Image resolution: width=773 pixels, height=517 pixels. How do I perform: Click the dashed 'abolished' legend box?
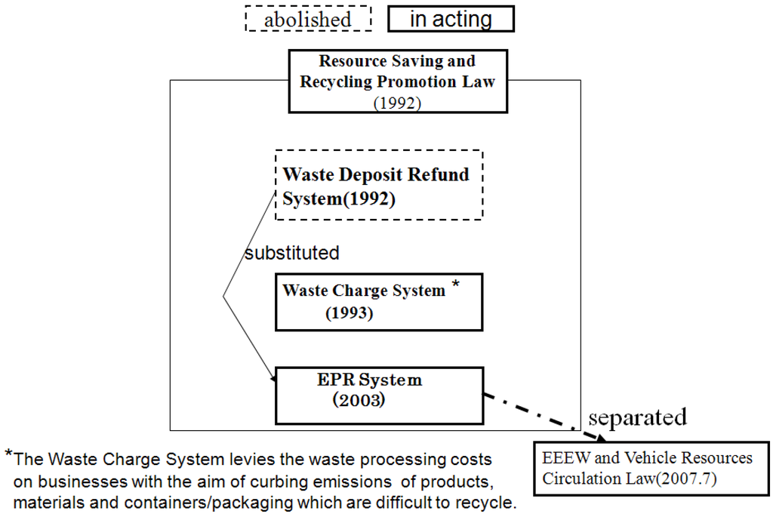click(308, 20)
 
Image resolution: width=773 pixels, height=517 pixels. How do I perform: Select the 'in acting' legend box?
click(451, 20)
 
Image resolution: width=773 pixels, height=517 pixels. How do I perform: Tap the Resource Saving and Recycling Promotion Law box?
click(397, 82)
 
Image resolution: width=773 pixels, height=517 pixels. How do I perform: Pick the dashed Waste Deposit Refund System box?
click(378, 185)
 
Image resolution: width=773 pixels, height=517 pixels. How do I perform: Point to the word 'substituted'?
click(291, 253)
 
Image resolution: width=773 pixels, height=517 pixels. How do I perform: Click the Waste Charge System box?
click(378, 302)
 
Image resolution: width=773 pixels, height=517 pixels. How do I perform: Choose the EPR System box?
click(378, 395)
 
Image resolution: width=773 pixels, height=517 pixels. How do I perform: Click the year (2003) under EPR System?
click(359, 401)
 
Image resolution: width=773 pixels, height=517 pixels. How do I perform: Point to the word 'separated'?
click(637, 417)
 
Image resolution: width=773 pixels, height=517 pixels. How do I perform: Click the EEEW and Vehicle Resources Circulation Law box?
click(652, 469)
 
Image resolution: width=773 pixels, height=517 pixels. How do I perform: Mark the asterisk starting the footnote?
click(8, 454)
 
